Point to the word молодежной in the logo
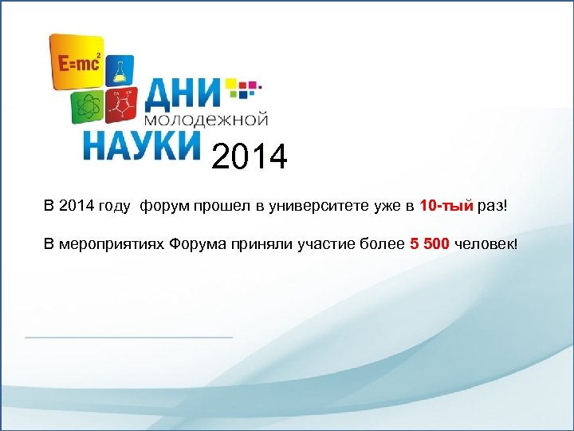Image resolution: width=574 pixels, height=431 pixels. point(209,121)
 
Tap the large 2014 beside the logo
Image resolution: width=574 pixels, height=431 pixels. point(250,156)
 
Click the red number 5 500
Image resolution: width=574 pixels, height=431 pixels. point(430,243)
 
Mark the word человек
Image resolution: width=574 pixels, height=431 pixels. point(486,243)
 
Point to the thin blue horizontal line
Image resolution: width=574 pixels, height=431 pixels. point(128,338)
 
